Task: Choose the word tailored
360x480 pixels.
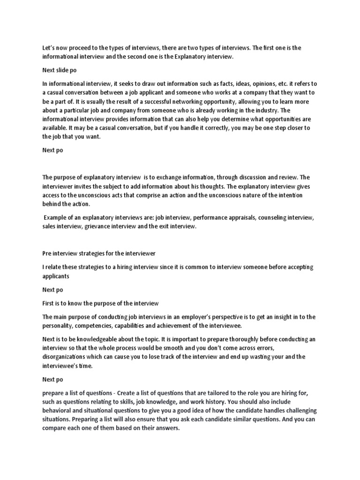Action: [213, 392]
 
